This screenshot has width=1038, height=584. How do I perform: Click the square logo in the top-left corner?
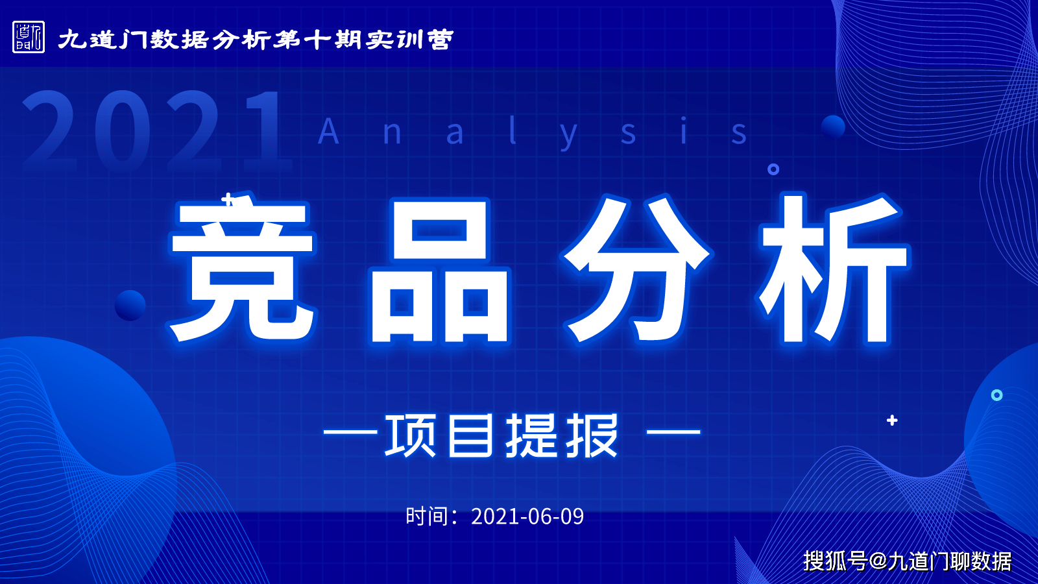click(x=29, y=37)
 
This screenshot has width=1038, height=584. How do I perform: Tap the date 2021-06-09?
click(x=527, y=517)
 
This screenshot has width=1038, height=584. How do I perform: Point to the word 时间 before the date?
click(x=427, y=517)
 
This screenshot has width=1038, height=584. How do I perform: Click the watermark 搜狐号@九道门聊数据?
click(x=908, y=561)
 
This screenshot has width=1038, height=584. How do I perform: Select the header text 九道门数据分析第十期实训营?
click(x=256, y=40)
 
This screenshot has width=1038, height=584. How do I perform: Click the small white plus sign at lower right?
click(x=892, y=420)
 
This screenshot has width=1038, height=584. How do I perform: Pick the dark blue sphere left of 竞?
click(x=130, y=305)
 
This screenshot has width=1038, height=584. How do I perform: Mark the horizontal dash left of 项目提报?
click(x=350, y=432)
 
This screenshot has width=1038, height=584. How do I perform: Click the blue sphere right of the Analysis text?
click(x=833, y=127)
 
